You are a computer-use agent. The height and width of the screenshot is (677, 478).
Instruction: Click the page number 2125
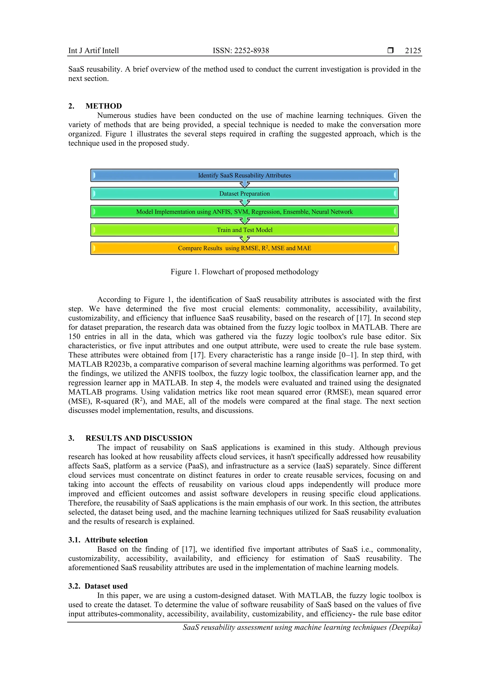[413, 51]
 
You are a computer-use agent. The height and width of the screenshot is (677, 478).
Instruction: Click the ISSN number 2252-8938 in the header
[241, 51]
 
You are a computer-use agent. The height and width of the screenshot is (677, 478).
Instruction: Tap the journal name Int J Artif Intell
[93, 51]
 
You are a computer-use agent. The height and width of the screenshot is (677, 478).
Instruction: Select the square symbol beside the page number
[390, 50]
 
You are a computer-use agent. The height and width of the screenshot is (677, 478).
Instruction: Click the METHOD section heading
[103, 106]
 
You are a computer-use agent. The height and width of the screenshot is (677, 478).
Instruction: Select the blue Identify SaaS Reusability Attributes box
[244, 176]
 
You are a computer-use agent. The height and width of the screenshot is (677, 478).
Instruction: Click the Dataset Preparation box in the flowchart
[244, 194]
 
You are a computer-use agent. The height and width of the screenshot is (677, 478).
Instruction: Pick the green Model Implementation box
[244, 212]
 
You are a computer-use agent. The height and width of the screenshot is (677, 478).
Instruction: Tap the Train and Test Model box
[244, 230]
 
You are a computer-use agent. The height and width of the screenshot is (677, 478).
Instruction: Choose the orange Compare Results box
[244, 248]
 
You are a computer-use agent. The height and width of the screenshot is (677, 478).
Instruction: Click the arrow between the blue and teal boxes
[244, 185]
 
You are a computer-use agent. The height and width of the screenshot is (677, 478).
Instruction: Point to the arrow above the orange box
[244, 239]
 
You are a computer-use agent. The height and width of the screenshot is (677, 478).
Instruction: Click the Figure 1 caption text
[244, 272]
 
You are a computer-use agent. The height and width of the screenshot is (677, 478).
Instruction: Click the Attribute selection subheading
[116, 540]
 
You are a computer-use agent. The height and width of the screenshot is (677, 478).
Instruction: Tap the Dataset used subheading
[106, 586]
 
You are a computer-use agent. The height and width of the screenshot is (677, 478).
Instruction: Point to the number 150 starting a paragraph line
[74, 337]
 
